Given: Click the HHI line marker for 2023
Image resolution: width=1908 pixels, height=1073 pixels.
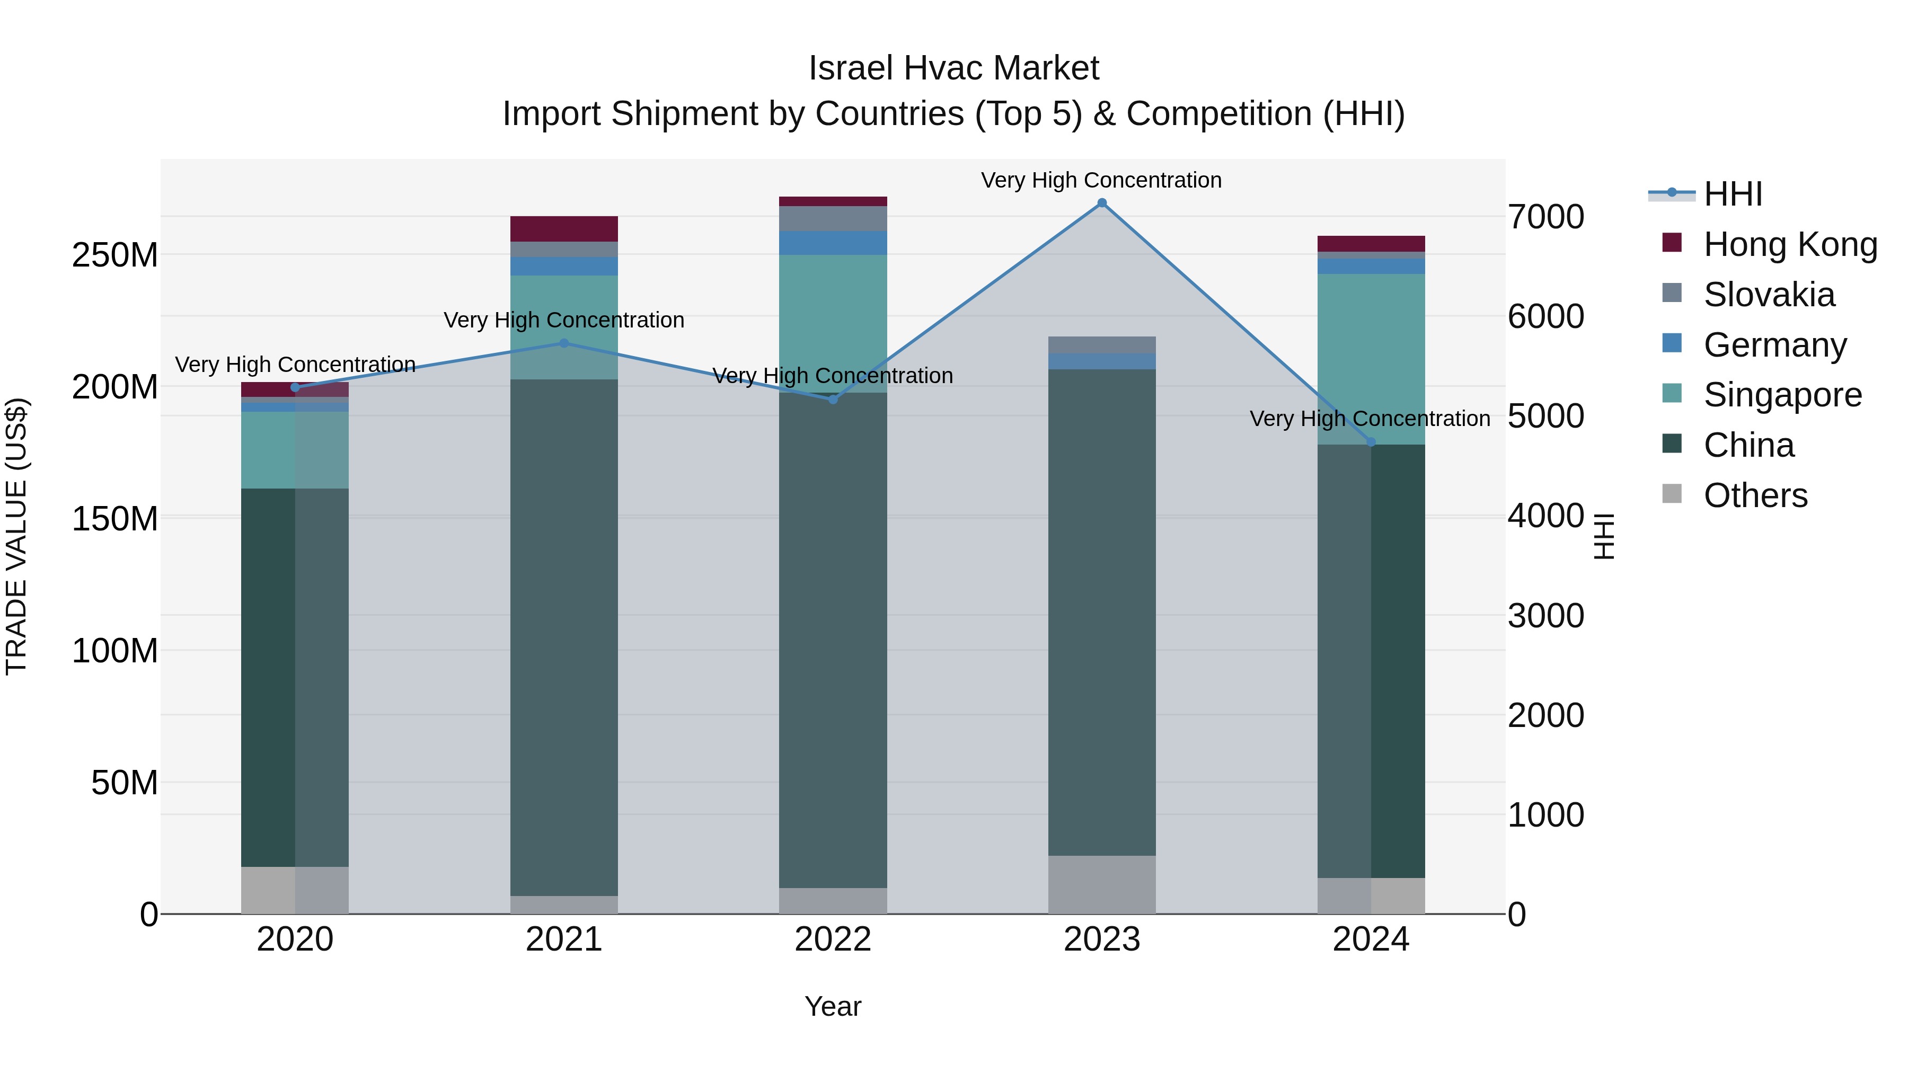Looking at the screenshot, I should tap(1101, 203).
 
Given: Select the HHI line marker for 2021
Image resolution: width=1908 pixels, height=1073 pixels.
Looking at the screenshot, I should tap(564, 343).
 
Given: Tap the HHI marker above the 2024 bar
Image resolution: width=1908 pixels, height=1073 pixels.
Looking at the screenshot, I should tap(1370, 442).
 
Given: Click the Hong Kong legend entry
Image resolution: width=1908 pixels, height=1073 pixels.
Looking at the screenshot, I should tap(1789, 244).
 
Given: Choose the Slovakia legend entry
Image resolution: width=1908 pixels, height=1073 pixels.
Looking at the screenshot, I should tap(1769, 295).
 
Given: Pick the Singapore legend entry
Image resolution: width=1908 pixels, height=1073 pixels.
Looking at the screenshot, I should tap(1782, 395).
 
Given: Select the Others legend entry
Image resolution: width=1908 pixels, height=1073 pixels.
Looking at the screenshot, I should tap(1755, 495).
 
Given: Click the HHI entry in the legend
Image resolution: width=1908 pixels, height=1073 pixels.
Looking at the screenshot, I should tap(1733, 194).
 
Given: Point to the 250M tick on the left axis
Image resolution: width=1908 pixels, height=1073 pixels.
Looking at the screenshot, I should tap(115, 255).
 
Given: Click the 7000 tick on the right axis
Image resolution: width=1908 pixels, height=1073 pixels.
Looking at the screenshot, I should tap(1546, 217).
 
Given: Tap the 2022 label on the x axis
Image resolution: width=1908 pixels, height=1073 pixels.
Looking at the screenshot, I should tap(833, 939).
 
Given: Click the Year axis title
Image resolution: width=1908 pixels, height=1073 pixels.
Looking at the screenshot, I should tap(833, 1006).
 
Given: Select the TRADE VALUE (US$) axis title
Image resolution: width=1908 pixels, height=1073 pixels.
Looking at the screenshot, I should tap(16, 536).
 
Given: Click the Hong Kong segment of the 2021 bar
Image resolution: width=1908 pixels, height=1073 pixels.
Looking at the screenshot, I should tap(564, 229).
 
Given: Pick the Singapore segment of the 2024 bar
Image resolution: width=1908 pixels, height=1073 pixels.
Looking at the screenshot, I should tap(1370, 359).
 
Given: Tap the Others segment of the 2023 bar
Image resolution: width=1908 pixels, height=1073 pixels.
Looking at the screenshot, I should tap(1101, 884).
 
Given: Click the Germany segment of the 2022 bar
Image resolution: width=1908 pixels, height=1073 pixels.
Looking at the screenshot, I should tap(833, 243).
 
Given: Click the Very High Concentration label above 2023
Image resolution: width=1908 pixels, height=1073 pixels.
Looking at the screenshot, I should tap(1101, 180).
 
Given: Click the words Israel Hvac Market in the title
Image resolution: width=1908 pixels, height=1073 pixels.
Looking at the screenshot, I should tap(953, 68).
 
